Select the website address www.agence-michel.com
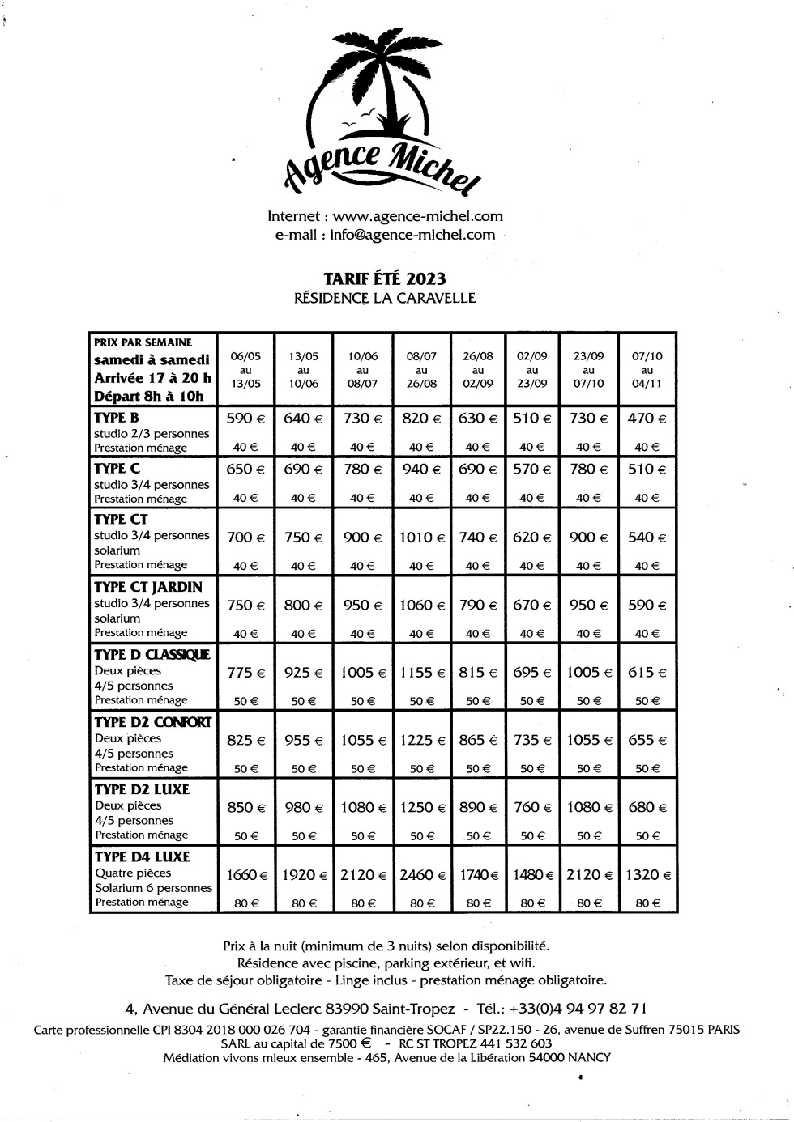tap(417, 216)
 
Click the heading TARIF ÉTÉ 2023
tap(385, 278)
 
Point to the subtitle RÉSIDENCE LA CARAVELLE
tap(385, 298)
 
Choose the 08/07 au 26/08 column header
tap(421, 370)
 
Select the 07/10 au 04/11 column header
tap(647, 370)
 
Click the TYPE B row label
tap(117, 418)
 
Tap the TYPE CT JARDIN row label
tap(148, 587)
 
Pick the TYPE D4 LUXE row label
tap(142, 856)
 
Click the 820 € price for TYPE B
tap(421, 419)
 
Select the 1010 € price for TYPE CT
tap(421, 538)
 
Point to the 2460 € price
tap(421, 875)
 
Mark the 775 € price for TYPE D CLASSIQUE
tap(246, 673)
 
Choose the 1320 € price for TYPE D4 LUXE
tap(647, 875)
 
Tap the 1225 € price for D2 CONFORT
tap(421, 740)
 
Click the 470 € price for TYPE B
tap(647, 419)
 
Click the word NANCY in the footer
tap(589, 1057)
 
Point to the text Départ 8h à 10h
tap(149, 397)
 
